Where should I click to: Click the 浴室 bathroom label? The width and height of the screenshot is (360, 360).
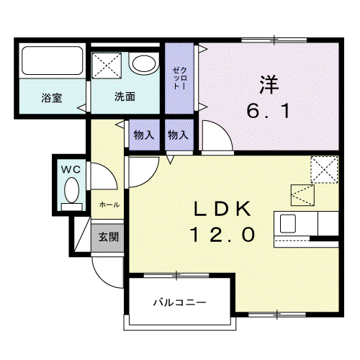pos(52,98)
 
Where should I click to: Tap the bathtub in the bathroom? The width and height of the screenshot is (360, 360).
pos(53,60)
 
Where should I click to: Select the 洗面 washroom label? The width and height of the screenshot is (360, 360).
pos(125,96)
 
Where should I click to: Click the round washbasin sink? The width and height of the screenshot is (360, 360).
pos(144,63)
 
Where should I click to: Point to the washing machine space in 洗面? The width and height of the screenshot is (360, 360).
pos(107,66)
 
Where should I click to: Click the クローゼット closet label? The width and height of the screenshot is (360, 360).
pos(179,78)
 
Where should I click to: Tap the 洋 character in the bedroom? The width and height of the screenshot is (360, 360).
pos(269,84)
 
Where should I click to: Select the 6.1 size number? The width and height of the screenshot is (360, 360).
pos(268,112)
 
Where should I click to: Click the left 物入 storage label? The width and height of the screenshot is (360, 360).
pos(144,135)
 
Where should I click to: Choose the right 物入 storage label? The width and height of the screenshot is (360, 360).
pos(178,135)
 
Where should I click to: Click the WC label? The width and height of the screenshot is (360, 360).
pos(71,170)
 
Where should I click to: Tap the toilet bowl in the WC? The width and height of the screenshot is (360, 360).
pos(71,190)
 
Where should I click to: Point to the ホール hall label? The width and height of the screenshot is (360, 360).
pos(109,205)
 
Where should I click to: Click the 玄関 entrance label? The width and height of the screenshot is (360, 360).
pos(109,237)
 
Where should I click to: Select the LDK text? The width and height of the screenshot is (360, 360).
pos(222,209)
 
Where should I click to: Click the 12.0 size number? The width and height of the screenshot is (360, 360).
pos(222,235)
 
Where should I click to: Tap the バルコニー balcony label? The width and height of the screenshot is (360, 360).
pos(180,302)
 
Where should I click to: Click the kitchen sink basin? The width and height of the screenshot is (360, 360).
pos(288,223)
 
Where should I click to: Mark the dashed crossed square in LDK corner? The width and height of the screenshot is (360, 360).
pos(324,170)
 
